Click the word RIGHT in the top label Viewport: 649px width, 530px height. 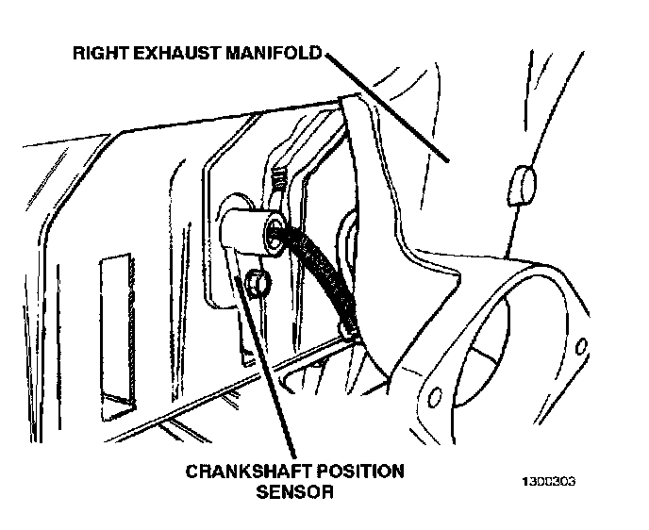pyautogui.click(x=98, y=53)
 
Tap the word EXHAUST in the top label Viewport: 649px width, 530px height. pyautogui.click(x=175, y=53)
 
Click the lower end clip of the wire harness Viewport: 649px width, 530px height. pyautogui.click(x=351, y=326)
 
